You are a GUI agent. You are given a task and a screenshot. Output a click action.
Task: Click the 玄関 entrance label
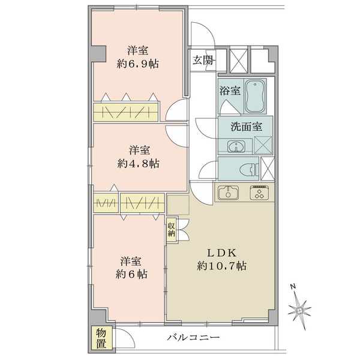pyautogui.click(x=203, y=61)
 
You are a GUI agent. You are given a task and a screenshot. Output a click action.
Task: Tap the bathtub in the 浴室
pyautogui.click(x=255, y=97)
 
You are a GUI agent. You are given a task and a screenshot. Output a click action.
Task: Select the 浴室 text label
pyautogui.click(x=230, y=91)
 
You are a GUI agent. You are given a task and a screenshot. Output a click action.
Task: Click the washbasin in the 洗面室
pyautogui.click(x=236, y=146)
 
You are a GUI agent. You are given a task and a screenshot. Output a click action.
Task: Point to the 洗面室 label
pyautogui.click(x=247, y=127)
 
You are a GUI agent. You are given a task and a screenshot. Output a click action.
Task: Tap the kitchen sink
pyautogui.click(x=228, y=193)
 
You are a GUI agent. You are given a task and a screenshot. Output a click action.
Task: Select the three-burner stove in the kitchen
pyautogui.click(x=260, y=192)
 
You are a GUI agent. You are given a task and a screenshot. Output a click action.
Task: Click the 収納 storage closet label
pyautogui.click(x=171, y=230)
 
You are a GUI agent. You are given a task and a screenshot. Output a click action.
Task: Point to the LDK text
pyautogui.click(x=222, y=253)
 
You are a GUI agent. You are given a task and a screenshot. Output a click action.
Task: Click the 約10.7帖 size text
pyautogui.click(x=221, y=266)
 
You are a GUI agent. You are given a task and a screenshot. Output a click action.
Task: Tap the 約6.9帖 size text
pyautogui.click(x=137, y=64)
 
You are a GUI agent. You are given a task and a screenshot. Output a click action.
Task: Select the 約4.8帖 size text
pyautogui.click(x=138, y=164)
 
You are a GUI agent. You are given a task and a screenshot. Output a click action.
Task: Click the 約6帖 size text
pyautogui.click(x=131, y=274)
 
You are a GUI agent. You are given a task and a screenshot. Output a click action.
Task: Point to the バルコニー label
pyautogui.click(x=193, y=337)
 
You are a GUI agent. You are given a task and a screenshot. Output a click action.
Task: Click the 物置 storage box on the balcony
pyautogui.click(x=101, y=338)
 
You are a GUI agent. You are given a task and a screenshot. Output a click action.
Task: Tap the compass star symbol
pyautogui.click(x=299, y=311)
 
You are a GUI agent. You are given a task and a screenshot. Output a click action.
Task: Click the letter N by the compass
pyautogui.click(x=293, y=286)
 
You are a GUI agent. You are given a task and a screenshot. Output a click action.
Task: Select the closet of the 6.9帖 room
pyautogui.click(x=125, y=112)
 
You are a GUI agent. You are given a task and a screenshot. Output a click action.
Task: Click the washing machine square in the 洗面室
pyautogui.click(x=263, y=145)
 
